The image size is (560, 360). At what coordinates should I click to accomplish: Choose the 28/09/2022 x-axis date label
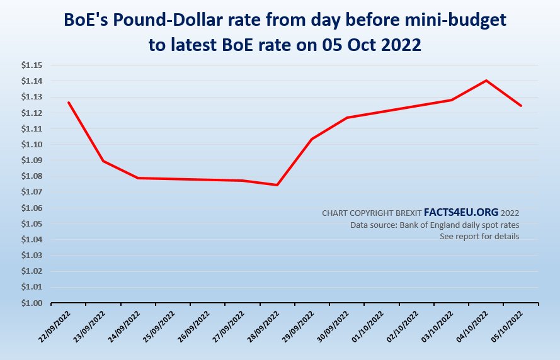pos(265,327)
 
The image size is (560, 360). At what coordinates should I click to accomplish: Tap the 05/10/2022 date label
pos(508,327)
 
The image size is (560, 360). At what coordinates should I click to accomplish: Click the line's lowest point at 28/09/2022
pos(277,185)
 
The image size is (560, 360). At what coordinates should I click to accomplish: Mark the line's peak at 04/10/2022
pos(486,81)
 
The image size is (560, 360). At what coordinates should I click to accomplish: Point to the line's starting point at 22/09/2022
pos(68,102)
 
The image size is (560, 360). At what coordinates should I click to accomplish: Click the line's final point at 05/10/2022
pos(520,106)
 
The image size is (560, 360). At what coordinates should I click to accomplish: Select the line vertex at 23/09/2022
pos(103,160)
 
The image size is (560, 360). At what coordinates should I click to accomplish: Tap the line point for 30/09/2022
pos(346,118)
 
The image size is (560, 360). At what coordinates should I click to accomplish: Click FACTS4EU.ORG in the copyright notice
pos(461,213)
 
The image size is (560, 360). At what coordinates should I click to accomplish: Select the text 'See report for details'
pos(479,236)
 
